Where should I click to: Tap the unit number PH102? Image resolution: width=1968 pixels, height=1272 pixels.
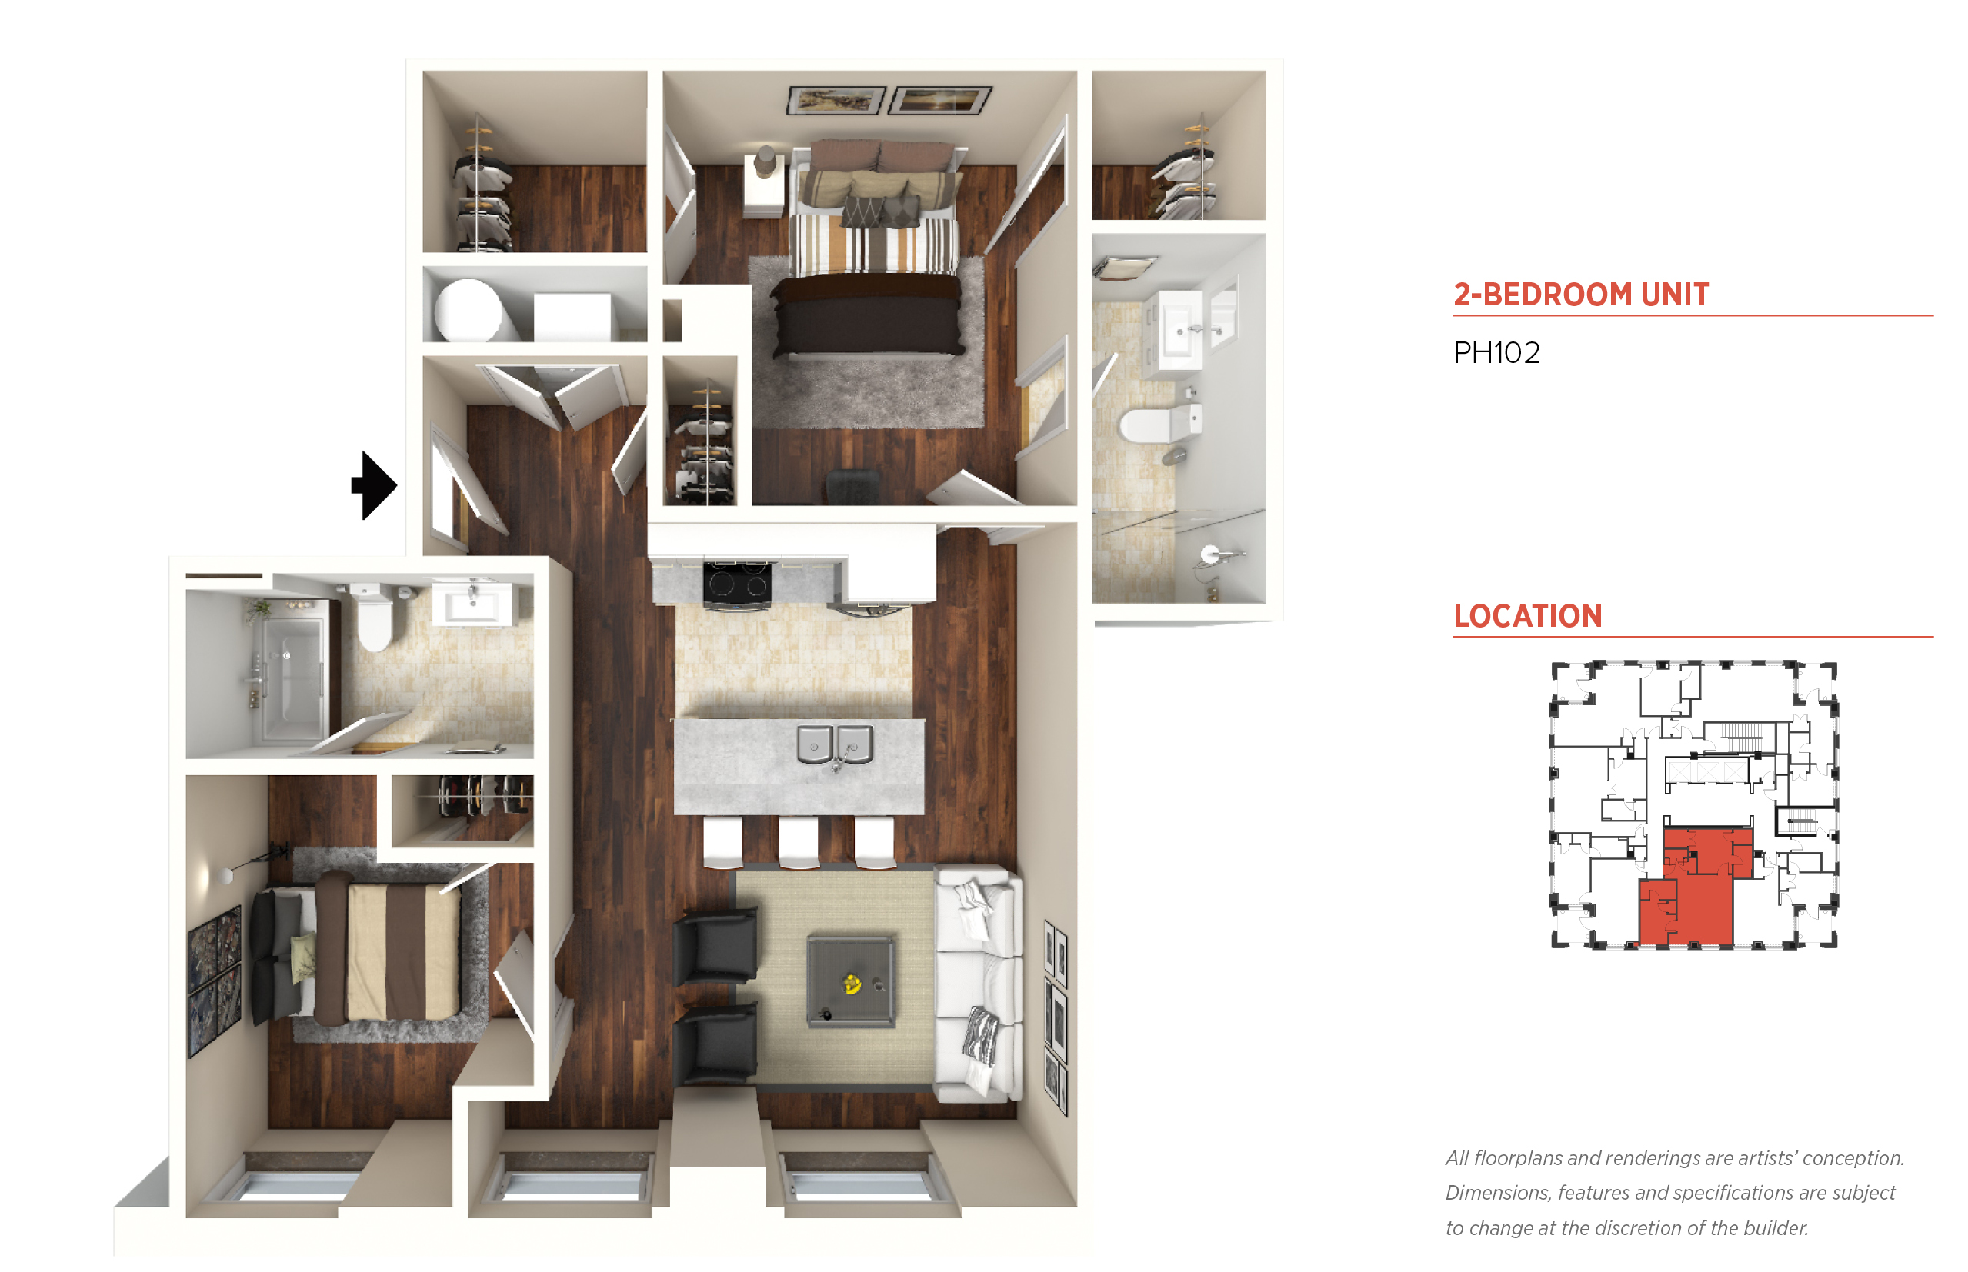click(x=1496, y=353)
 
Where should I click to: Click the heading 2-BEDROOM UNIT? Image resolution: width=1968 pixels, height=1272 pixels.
click(x=1580, y=294)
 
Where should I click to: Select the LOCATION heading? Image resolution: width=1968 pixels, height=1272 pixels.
click(x=1527, y=615)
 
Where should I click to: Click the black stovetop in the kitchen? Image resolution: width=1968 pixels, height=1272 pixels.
click(x=737, y=583)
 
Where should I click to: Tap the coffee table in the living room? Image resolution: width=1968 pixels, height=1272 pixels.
click(x=850, y=981)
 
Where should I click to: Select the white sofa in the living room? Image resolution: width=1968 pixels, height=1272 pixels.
click(x=978, y=983)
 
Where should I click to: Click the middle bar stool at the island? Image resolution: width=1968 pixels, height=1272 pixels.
click(x=798, y=843)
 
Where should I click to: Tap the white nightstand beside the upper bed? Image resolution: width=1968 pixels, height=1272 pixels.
click(x=764, y=187)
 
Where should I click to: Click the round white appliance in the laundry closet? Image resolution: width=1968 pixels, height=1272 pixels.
click(x=469, y=311)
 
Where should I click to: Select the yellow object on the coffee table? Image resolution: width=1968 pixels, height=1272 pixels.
click(x=851, y=983)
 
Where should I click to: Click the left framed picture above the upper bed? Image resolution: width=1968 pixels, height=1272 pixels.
click(x=836, y=100)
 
